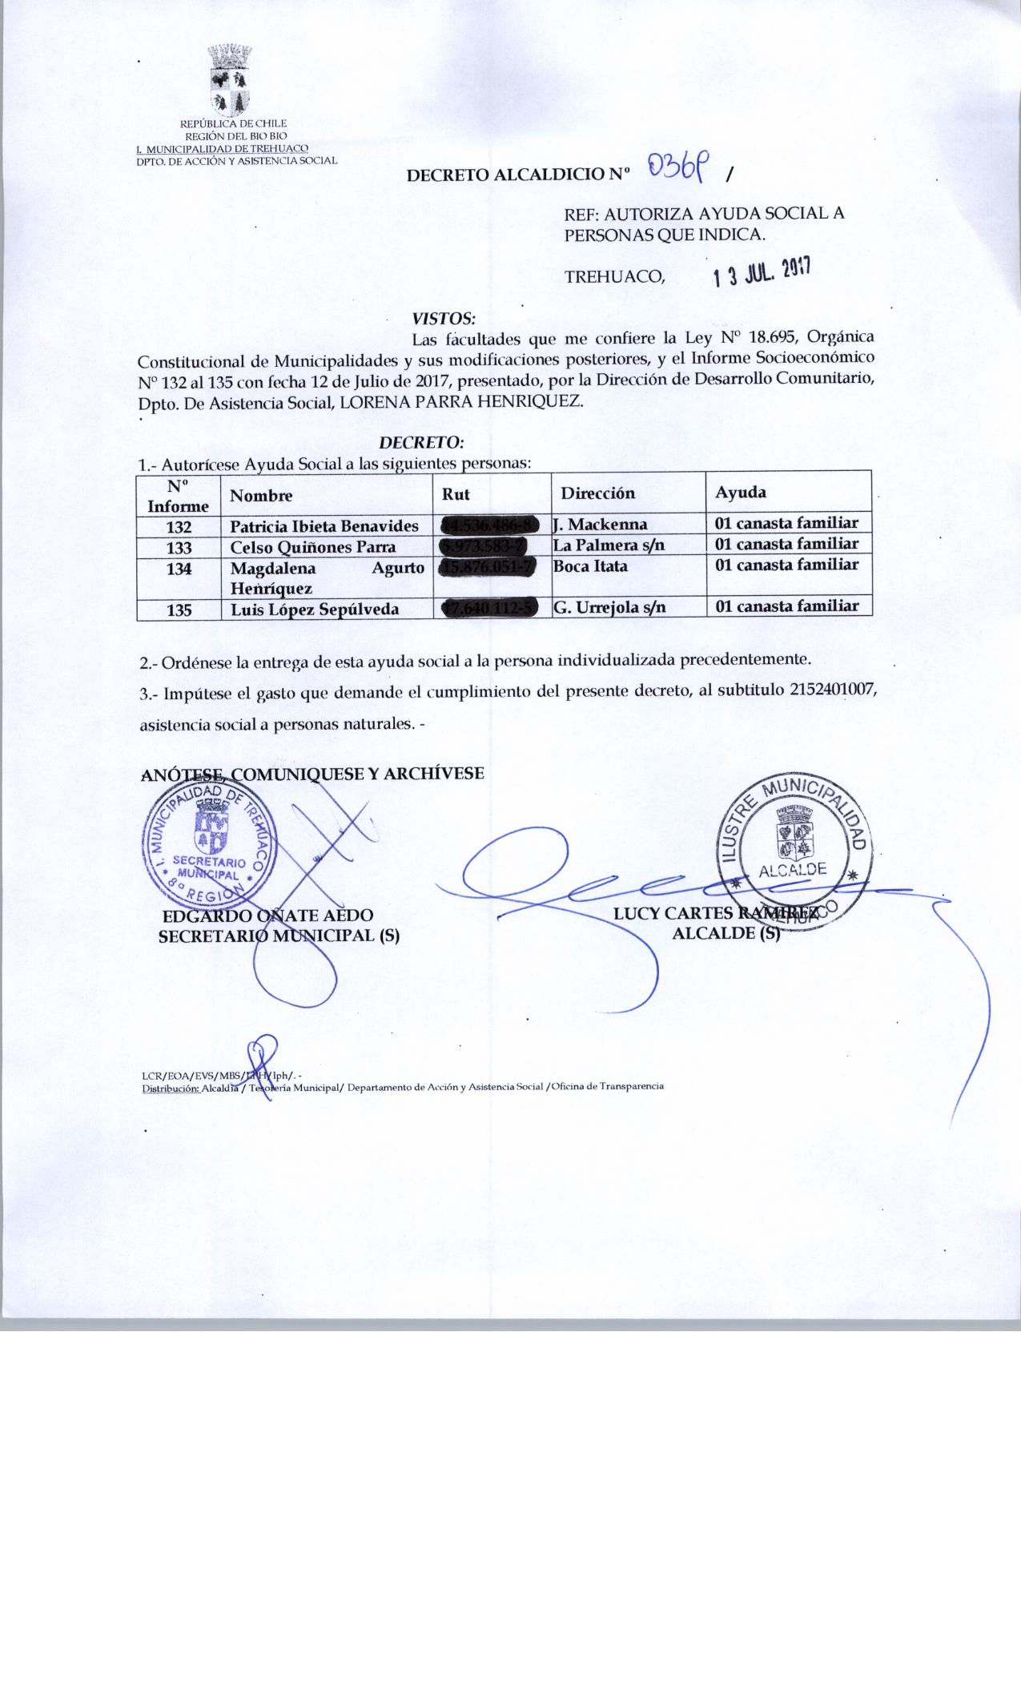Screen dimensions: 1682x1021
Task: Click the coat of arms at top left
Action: [231, 81]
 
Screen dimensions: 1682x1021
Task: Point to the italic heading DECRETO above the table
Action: [422, 441]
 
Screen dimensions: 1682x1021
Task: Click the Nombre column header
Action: [261, 496]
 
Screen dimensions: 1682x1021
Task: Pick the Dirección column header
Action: [597, 493]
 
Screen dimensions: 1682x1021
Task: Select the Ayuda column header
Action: [740, 492]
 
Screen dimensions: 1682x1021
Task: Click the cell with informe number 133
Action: [179, 548]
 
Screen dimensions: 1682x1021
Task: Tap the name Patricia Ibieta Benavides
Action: [324, 526]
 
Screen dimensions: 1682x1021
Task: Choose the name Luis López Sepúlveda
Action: [315, 610]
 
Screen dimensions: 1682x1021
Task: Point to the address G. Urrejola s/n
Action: [609, 607]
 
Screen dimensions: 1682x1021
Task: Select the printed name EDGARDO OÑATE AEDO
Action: [267, 915]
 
